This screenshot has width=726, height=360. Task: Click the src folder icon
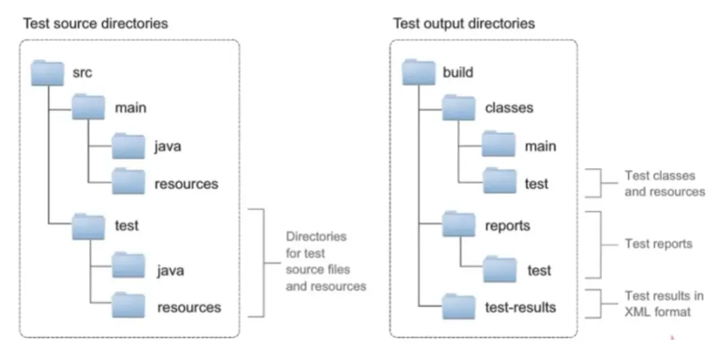(47, 73)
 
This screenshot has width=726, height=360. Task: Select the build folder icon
(419, 72)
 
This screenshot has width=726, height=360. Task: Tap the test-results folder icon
(459, 307)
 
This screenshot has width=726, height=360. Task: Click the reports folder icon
(459, 224)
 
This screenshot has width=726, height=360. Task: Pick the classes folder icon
(459, 108)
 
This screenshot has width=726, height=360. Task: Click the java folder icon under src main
(129, 146)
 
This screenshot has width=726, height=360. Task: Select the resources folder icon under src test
(129, 305)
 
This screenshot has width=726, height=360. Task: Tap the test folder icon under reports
(499, 269)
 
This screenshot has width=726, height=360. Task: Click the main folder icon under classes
(499, 144)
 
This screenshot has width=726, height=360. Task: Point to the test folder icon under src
(88, 227)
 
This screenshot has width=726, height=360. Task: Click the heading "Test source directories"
(96, 24)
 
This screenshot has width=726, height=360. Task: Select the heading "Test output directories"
(464, 24)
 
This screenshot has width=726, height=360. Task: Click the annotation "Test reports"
(658, 243)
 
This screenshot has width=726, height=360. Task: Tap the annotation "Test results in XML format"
(664, 304)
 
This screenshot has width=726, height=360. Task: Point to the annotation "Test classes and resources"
(665, 184)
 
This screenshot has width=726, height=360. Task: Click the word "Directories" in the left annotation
(316, 237)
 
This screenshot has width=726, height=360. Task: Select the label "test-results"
(520, 307)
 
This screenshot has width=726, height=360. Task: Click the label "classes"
(509, 108)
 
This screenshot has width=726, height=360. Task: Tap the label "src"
(83, 73)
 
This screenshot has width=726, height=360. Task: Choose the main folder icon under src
(88, 106)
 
